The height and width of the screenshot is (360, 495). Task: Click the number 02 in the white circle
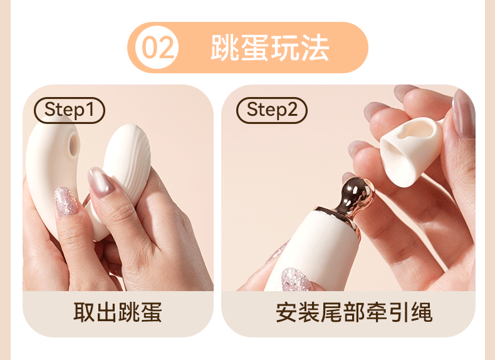tap(157, 48)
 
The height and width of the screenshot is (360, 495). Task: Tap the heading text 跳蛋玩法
tap(270, 48)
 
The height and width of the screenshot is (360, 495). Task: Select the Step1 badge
tap(70, 110)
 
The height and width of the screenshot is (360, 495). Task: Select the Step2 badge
tap(272, 110)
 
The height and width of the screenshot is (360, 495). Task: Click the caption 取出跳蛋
tap(118, 312)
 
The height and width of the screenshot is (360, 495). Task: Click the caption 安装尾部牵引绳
tap(354, 312)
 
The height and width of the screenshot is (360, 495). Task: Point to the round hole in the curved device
tap(74, 145)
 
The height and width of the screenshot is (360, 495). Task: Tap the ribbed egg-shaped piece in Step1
tap(127, 164)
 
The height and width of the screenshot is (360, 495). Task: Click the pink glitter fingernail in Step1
tap(66, 202)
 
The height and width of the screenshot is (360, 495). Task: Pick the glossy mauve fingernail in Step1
tap(100, 182)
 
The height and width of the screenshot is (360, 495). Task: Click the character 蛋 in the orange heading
tap(255, 48)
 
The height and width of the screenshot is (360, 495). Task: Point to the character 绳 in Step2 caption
tap(422, 312)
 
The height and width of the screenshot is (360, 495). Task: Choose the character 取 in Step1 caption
tap(85, 312)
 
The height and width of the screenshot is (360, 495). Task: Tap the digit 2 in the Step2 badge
tap(292, 109)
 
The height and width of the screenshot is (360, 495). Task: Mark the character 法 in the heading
tap(315, 48)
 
